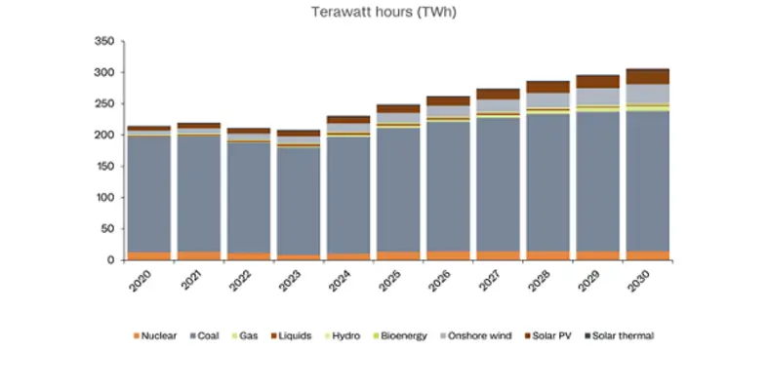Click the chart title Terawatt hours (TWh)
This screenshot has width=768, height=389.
tap(384, 13)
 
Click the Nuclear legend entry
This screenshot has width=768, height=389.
tap(154, 336)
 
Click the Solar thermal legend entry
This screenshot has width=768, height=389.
tap(618, 336)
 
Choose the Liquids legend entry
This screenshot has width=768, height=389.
tap(291, 336)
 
